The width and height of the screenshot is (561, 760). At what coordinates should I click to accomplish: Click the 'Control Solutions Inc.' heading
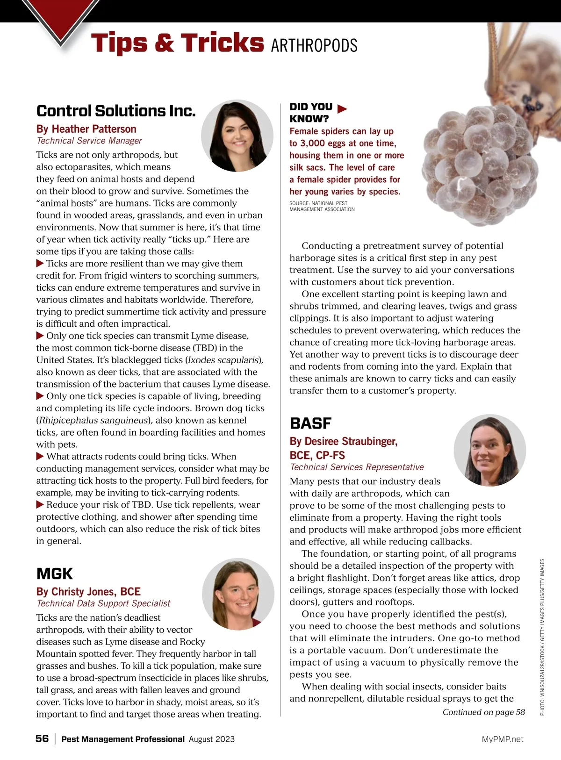coord(116,111)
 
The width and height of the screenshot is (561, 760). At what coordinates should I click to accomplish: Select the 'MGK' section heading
coord(55,574)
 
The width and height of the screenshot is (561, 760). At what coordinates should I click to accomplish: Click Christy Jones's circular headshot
coord(238,594)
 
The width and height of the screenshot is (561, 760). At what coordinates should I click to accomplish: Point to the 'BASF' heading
coord(310,423)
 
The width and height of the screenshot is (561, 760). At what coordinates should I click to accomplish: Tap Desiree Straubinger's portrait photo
coord(489,450)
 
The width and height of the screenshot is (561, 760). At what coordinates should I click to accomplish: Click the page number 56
coord(42,738)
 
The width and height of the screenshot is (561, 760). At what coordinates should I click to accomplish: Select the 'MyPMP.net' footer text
coord(503,739)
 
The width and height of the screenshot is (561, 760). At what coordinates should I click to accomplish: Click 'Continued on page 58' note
coord(483,712)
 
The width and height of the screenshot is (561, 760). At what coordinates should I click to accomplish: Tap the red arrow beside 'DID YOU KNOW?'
coord(342,109)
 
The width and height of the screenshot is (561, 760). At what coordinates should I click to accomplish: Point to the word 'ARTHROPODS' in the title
coord(314,46)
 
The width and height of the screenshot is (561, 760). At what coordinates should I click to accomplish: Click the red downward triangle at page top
coord(61,21)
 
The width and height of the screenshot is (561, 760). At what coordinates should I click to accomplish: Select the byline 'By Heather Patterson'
coord(86,129)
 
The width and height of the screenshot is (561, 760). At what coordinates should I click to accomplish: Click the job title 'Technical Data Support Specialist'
coord(103,603)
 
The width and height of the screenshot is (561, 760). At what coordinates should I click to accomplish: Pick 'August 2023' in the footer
coord(212,739)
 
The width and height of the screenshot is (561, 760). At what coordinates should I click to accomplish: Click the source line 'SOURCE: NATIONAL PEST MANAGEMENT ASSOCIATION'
coord(322,206)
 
